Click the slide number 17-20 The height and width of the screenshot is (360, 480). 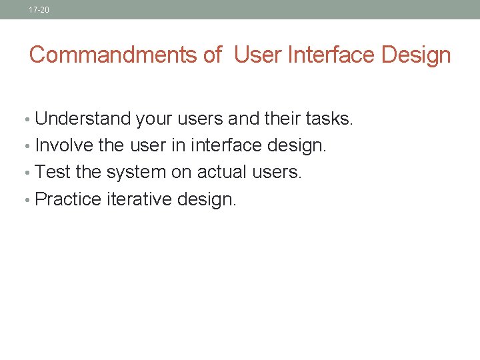(x=39, y=10)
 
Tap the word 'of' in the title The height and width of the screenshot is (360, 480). (x=212, y=55)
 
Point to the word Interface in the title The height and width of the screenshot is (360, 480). (x=331, y=55)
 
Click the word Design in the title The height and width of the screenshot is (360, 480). (x=417, y=55)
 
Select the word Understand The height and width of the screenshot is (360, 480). (x=83, y=119)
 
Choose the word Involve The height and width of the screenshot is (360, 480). (x=64, y=145)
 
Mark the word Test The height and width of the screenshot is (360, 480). (x=53, y=172)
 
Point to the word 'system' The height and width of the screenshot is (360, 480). (x=135, y=172)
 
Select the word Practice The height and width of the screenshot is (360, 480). (x=68, y=199)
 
